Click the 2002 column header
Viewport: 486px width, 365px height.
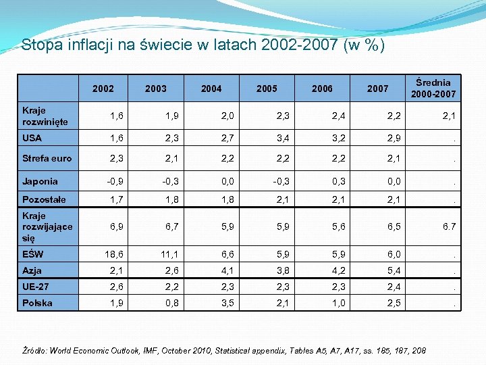[x=103, y=89]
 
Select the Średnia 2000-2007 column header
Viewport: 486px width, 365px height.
[x=433, y=88]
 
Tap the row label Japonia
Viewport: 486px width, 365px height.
[x=40, y=181]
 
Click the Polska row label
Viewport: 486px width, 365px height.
[x=37, y=303]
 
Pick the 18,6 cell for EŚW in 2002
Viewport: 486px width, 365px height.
[x=113, y=255]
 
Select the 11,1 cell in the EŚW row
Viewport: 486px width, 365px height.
[x=169, y=255]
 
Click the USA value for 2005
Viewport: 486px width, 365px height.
[x=282, y=139]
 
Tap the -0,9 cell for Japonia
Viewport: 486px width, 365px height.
[x=113, y=182]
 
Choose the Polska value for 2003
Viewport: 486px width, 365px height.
[x=171, y=303]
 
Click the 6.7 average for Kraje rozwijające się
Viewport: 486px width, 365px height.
[x=449, y=226]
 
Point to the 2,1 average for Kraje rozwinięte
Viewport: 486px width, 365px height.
[x=449, y=116]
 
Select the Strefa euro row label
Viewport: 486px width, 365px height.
[x=47, y=158]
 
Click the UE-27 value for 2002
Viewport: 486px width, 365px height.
[x=116, y=287]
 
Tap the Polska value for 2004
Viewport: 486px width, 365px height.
[x=227, y=303]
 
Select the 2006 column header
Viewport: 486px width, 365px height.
[x=322, y=89]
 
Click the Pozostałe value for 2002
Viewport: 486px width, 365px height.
[x=116, y=200]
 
